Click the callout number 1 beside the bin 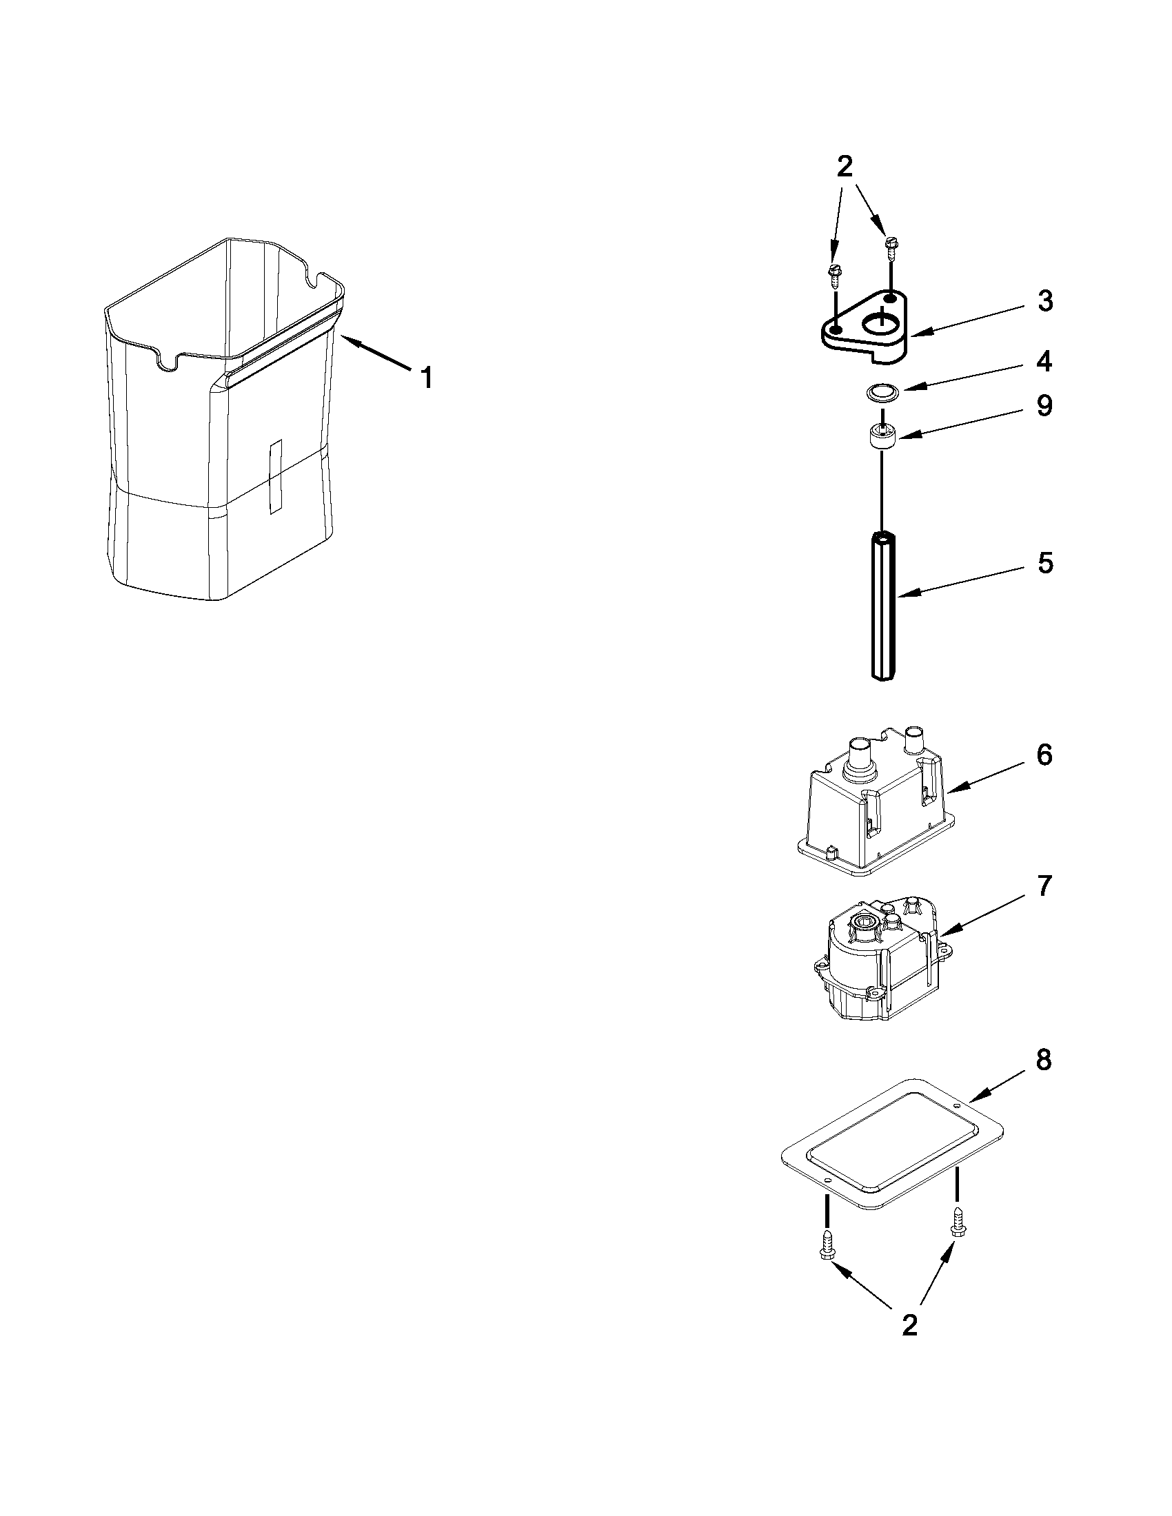click(427, 378)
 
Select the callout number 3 click(1044, 301)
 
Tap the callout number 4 click(1044, 362)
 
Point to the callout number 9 click(1044, 405)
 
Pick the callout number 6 click(1044, 755)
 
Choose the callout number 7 click(1044, 885)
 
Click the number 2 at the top click(845, 167)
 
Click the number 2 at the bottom click(909, 1325)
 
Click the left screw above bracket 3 click(834, 274)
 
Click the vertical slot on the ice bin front click(276, 476)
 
